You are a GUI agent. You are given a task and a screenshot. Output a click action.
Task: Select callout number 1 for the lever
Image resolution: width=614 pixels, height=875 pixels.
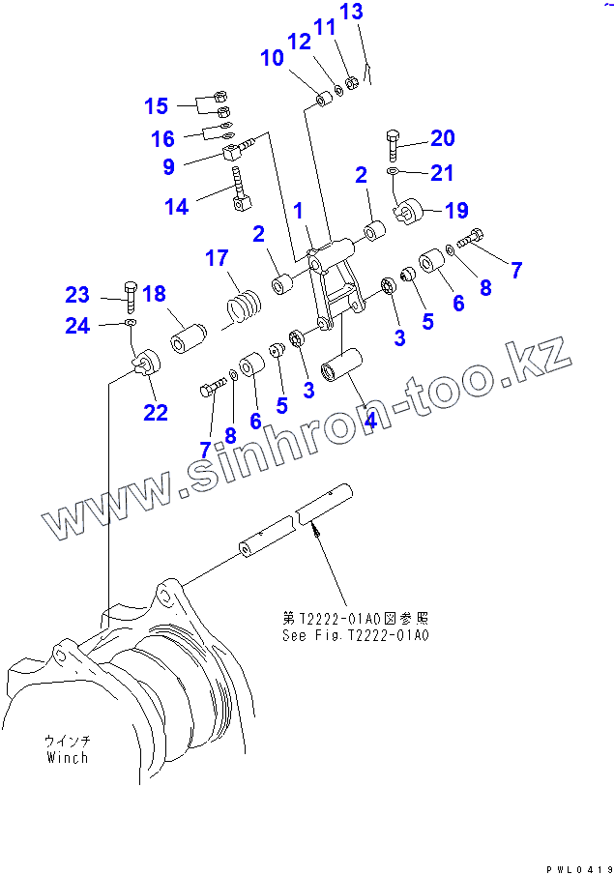point(299,210)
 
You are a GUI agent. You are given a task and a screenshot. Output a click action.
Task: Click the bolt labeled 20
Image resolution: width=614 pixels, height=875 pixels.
point(393,144)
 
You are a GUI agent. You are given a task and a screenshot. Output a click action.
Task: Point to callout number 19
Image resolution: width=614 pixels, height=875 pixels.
point(454,210)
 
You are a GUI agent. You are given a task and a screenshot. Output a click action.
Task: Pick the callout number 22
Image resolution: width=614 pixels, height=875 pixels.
point(156,413)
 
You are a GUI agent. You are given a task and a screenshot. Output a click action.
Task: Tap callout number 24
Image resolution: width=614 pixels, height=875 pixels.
point(77,326)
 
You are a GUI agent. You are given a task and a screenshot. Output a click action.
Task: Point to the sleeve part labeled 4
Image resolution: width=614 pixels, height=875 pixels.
point(343,370)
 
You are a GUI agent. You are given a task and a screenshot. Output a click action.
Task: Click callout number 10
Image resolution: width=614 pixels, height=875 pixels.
point(272,58)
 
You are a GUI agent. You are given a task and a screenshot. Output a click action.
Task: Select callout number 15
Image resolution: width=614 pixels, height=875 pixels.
point(157,105)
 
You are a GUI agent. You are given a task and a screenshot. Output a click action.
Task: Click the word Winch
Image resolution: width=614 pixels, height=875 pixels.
point(67,757)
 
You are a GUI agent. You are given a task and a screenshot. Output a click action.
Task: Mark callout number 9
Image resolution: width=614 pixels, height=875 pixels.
point(168,166)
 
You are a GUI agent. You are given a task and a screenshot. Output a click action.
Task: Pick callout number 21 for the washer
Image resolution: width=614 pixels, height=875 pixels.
point(441,173)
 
